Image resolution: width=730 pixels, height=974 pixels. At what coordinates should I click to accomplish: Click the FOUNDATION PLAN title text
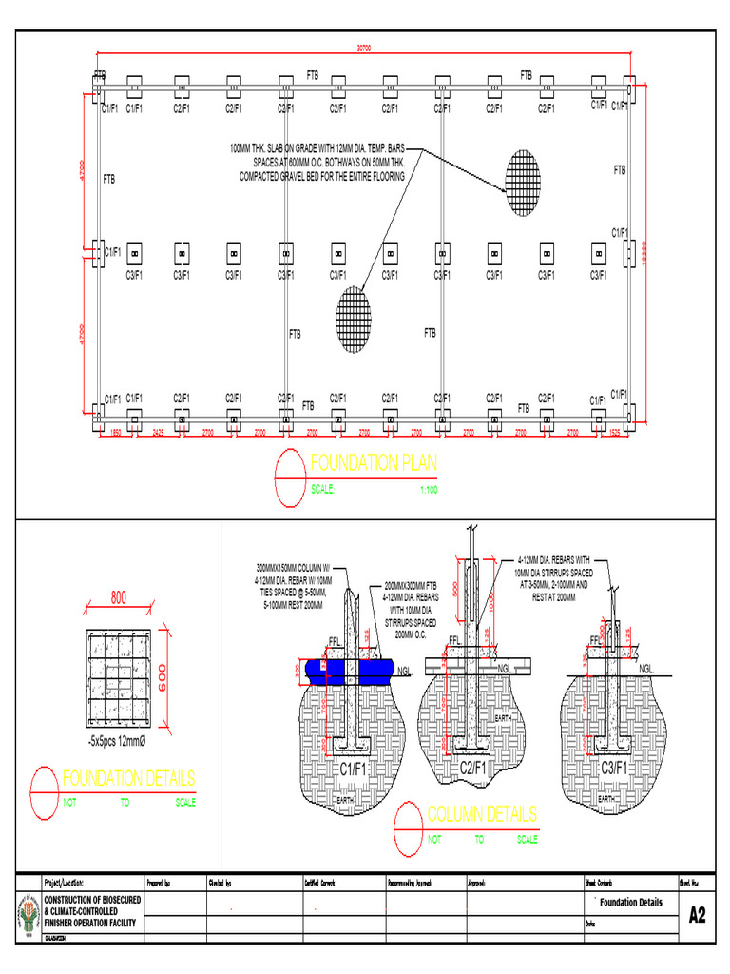[374, 463]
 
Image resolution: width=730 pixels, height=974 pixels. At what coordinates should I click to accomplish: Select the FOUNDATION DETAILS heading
[129, 778]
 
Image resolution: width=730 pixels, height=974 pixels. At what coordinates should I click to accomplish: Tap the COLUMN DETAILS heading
[482, 814]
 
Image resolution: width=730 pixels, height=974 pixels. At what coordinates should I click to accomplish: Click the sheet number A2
[697, 915]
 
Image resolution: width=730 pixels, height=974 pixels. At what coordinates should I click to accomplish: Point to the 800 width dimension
[119, 598]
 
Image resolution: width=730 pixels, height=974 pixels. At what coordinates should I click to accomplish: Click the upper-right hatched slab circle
[521, 183]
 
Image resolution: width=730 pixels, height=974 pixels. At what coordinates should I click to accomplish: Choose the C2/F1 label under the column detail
[473, 767]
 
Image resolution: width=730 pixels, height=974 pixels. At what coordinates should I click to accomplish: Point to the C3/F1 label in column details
[616, 767]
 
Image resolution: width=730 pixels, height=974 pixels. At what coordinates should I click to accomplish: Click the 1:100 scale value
[428, 491]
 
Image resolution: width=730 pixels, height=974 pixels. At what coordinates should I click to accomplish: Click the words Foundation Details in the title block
[631, 903]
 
